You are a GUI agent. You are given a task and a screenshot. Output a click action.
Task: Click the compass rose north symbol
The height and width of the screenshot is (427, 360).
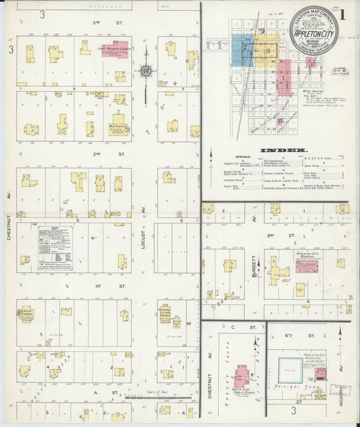tap(145, 70)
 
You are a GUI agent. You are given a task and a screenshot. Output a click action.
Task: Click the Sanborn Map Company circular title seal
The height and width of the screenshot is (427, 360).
tap(313, 30)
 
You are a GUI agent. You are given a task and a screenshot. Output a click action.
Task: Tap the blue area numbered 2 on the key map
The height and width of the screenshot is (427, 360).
tap(242, 49)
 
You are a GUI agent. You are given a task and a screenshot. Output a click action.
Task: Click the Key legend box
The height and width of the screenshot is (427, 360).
tap(55, 248)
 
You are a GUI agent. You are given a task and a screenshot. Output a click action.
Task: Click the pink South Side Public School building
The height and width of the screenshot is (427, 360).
tap(242, 373)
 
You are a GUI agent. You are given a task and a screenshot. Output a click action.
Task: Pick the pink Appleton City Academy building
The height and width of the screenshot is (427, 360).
tap(309, 266)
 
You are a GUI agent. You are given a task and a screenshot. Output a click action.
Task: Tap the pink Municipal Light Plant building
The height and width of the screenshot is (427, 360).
tap(321, 374)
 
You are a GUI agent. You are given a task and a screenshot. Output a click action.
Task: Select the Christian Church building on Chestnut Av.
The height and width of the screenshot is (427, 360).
tap(26, 315)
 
